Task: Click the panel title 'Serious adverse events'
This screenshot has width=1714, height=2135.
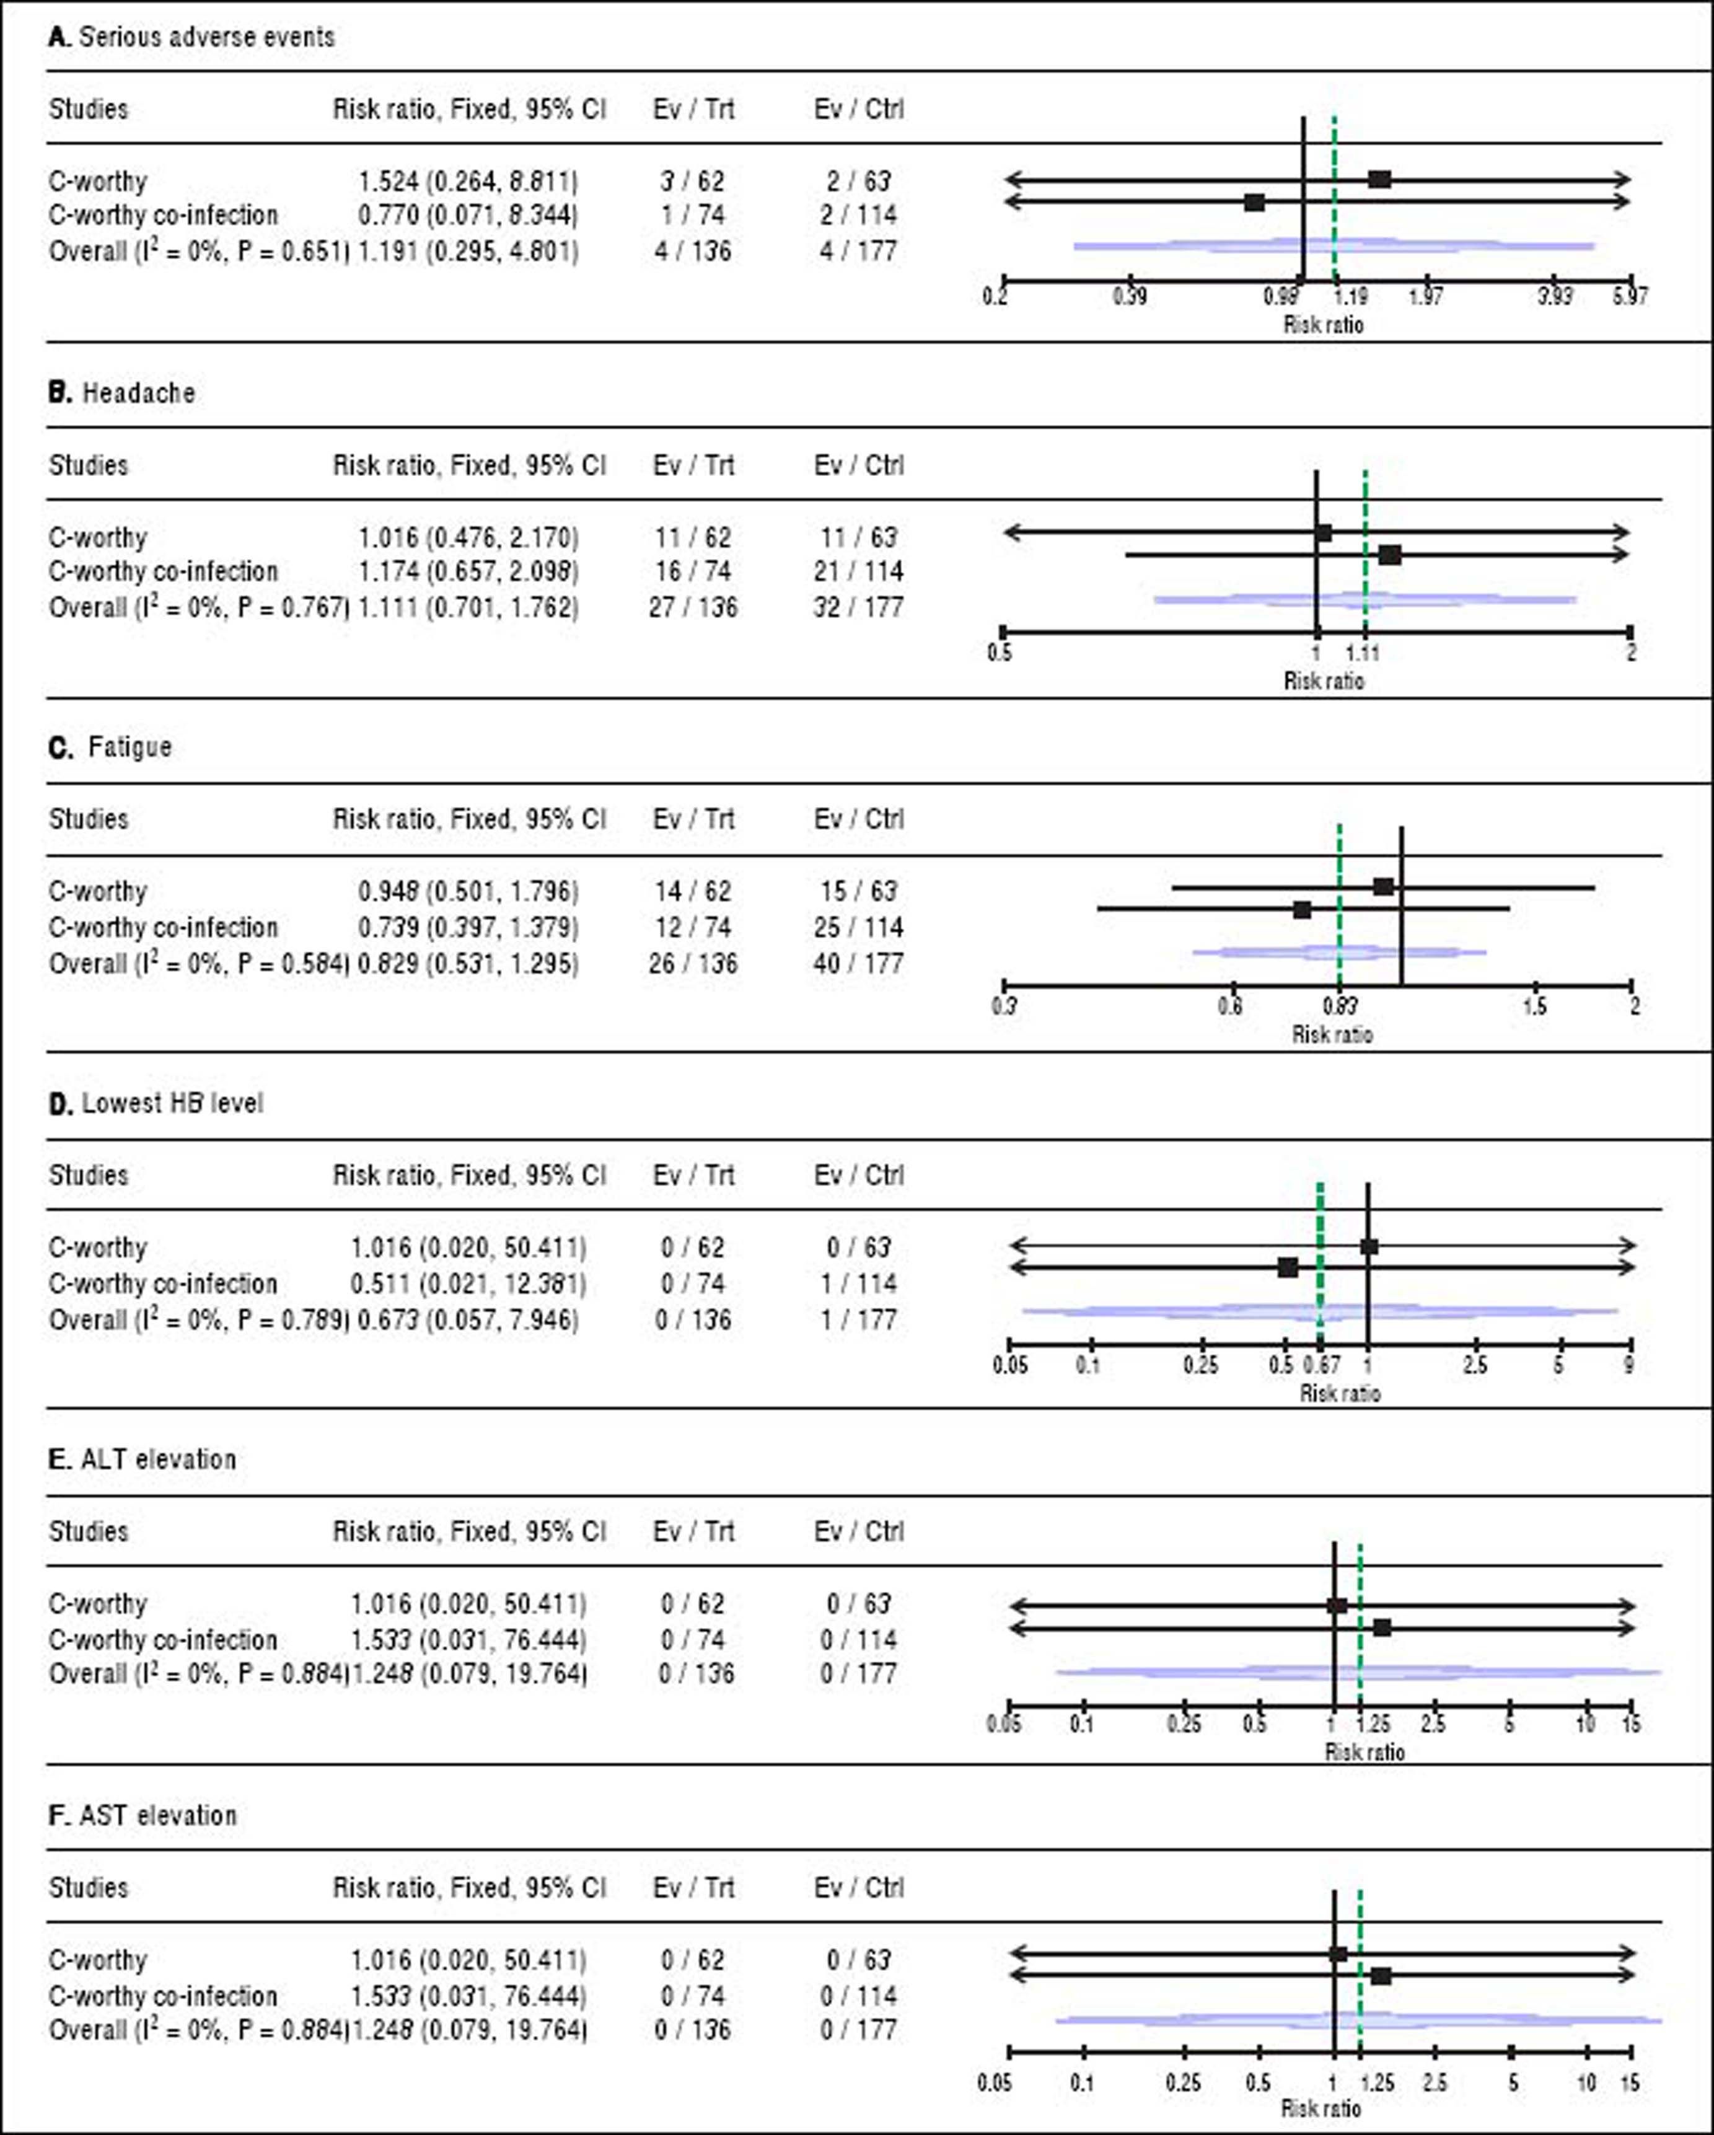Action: pos(206,38)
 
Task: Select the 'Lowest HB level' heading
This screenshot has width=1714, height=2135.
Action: pos(172,1103)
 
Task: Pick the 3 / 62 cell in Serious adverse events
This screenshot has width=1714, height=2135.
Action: pos(692,181)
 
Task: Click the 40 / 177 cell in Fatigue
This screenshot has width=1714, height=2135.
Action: pos(858,964)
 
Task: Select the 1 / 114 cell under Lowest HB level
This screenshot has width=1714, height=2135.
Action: pos(858,1283)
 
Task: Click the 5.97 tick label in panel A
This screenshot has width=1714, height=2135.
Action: pos(1630,296)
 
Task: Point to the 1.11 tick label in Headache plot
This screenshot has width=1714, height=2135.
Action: pos(1363,653)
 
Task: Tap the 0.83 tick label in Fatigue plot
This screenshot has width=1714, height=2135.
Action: pos(1340,1006)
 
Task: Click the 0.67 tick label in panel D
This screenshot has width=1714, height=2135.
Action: pos(1322,1365)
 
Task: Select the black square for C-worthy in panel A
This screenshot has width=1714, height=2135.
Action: pos(1379,179)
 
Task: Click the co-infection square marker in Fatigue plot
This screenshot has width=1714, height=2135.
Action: pos(1302,909)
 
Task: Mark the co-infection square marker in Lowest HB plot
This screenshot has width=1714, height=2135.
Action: pos(1287,1267)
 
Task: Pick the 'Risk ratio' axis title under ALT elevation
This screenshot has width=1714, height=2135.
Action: pos(1365,1752)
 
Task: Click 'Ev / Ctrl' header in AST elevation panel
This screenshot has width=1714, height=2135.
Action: pos(858,1888)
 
